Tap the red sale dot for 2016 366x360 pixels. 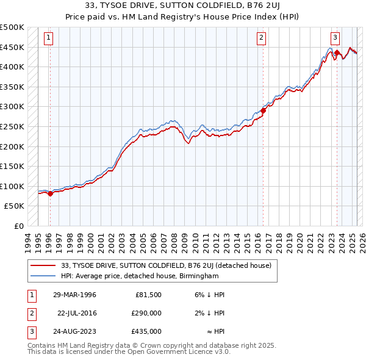(x=264, y=110)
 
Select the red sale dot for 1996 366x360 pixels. (x=50, y=193)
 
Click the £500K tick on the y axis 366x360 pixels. (x=12, y=27)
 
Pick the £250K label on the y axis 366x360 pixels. (x=12, y=126)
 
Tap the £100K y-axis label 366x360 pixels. (x=12, y=186)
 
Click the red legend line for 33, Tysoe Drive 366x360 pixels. (x=43, y=265)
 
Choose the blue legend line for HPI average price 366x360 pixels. (x=43, y=276)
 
